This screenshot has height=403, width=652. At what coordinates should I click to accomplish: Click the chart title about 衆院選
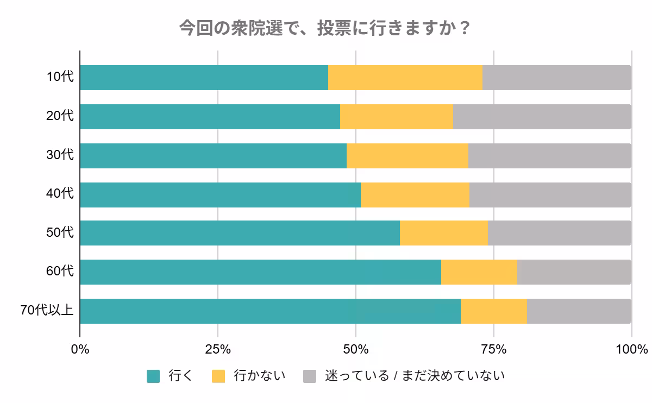tap(325, 28)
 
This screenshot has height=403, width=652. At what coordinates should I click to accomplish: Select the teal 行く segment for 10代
tap(204, 78)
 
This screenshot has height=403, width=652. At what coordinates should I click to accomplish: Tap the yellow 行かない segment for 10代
tap(405, 78)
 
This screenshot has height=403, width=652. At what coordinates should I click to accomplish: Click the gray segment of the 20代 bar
tap(542, 117)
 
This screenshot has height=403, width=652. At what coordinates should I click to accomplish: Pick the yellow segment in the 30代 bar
tap(407, 156)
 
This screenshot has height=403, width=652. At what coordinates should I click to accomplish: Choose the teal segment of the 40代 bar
tap(220, 195)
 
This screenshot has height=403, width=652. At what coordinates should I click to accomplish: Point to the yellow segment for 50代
tap(443, 233)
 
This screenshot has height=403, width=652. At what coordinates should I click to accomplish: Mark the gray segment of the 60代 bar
tap(574, 272)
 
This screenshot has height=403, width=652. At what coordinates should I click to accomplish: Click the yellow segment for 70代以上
tap(493, 311)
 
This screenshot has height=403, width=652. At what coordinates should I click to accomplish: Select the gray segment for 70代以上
tap(579, 311)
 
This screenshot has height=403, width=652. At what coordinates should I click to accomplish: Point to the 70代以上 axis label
tap(47, 311)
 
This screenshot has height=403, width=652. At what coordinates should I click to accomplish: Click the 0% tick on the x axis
tap(80, 349)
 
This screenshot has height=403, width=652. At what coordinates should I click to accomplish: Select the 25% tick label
tap(218, 349)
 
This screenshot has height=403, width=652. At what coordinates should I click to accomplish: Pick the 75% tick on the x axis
tap(493, 349)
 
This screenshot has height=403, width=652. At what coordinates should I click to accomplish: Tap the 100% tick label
tap(631, 349)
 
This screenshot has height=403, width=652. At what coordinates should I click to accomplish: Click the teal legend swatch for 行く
tap(153, 376)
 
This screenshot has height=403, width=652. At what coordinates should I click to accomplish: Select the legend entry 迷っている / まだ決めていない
tap(415, 376)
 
